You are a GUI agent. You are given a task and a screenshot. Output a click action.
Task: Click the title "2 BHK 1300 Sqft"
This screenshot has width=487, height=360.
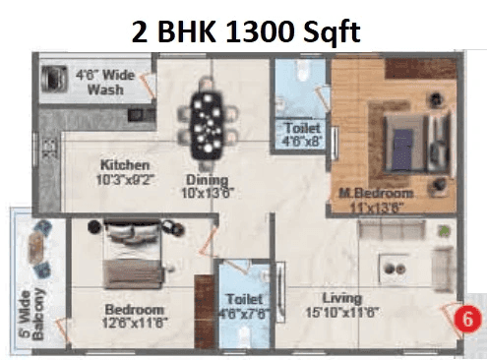click(246, 32)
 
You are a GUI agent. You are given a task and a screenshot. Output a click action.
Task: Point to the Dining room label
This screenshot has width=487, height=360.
click(209, 180)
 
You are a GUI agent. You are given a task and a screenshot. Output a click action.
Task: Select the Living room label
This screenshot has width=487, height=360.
click(342, 298)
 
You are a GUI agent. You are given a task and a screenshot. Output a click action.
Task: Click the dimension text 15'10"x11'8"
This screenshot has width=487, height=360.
click(342, 312)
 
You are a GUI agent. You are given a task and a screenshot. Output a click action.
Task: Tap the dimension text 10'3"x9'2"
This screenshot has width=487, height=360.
click(124, 180)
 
